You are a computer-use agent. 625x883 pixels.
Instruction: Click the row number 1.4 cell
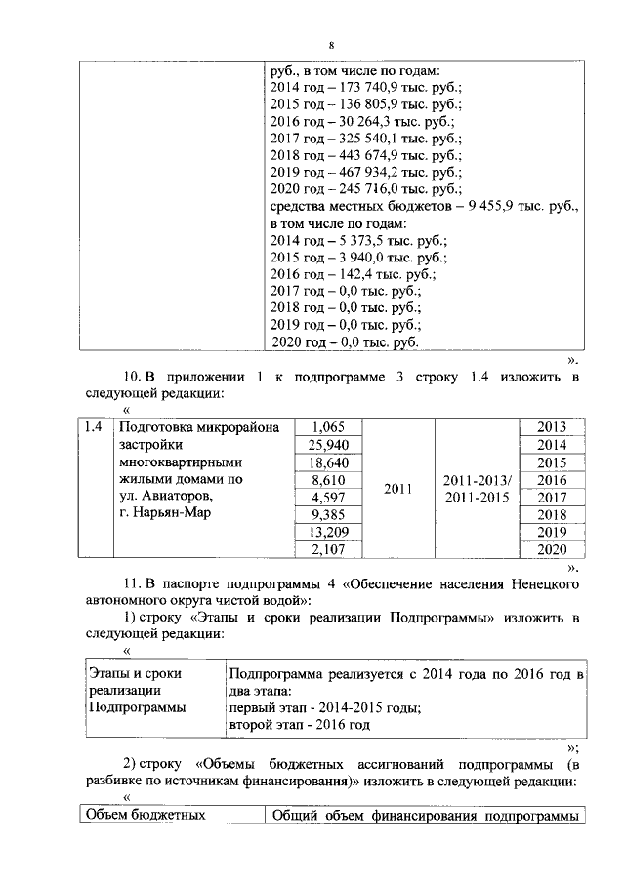[95, 427]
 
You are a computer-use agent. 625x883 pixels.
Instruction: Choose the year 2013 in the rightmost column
[552, 427]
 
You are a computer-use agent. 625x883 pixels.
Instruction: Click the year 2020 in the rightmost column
[552, 549]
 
